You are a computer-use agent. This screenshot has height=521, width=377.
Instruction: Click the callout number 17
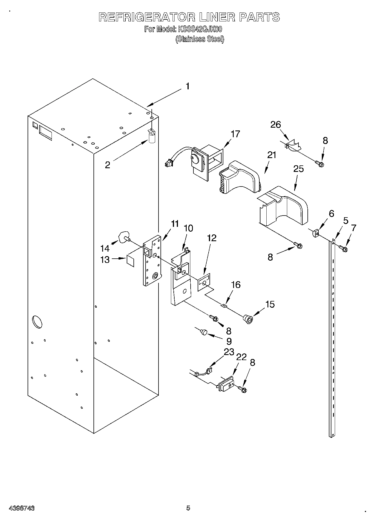(x=235, y=134)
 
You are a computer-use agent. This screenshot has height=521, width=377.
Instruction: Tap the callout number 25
(x=298, y=169)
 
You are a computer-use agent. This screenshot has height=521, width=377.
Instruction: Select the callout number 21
(x=272, y=155)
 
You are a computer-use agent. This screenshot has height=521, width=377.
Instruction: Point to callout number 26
(x=276, y=124)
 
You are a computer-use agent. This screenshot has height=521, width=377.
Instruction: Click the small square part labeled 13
(x=130, y=260)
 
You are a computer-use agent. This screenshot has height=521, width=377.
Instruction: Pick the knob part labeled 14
(x=123, y=236)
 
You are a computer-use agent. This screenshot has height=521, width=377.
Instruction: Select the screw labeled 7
(x=343, y=248)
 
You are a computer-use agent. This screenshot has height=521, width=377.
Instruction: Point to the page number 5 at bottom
(x=188, y=508)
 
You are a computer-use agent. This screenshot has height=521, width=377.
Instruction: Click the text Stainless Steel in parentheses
(x=200, y=39)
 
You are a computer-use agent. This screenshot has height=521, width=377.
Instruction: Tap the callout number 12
(x=212, y=238)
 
